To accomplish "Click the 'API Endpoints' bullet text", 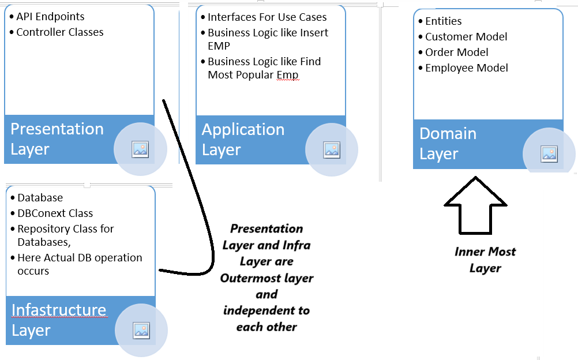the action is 50,17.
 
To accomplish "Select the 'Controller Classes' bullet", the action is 60,32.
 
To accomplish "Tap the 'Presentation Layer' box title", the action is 57,139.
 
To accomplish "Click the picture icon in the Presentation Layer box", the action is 140,149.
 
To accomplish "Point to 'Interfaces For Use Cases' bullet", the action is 267,17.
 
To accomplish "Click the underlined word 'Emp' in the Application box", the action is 287,75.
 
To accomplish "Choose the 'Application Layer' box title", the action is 243,140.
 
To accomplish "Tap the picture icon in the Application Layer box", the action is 332,150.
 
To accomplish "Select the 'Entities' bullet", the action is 443,21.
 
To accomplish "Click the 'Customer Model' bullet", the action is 466,36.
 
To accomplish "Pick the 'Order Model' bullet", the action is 457,52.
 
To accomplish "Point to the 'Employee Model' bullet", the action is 466,68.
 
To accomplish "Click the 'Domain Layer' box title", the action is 448,144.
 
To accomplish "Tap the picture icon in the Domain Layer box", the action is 549,154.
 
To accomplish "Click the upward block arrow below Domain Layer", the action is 475,207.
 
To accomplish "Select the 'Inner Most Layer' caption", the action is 485,260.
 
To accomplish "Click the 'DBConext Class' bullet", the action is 55,213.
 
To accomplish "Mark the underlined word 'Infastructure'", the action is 59,310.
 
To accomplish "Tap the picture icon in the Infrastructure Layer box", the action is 141,331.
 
